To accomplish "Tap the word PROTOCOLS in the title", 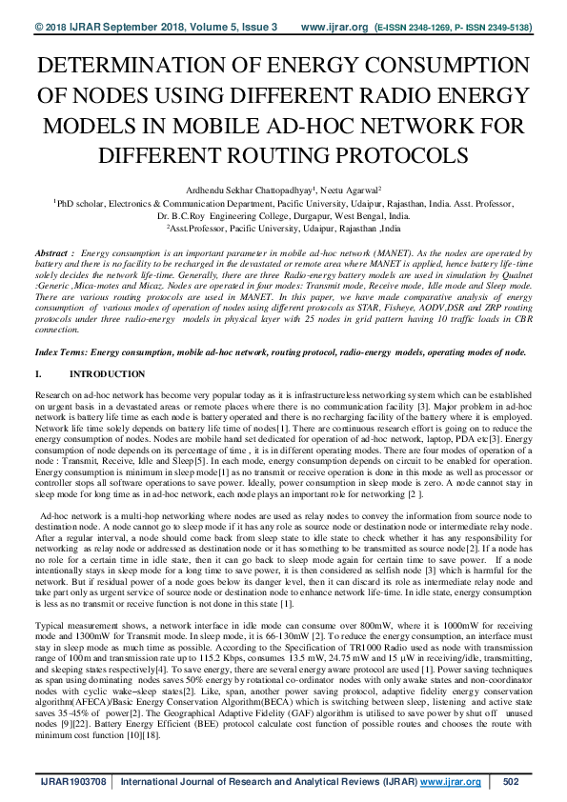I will click(x=394, y=153).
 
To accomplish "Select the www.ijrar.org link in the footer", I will click(x=446, y=782).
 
